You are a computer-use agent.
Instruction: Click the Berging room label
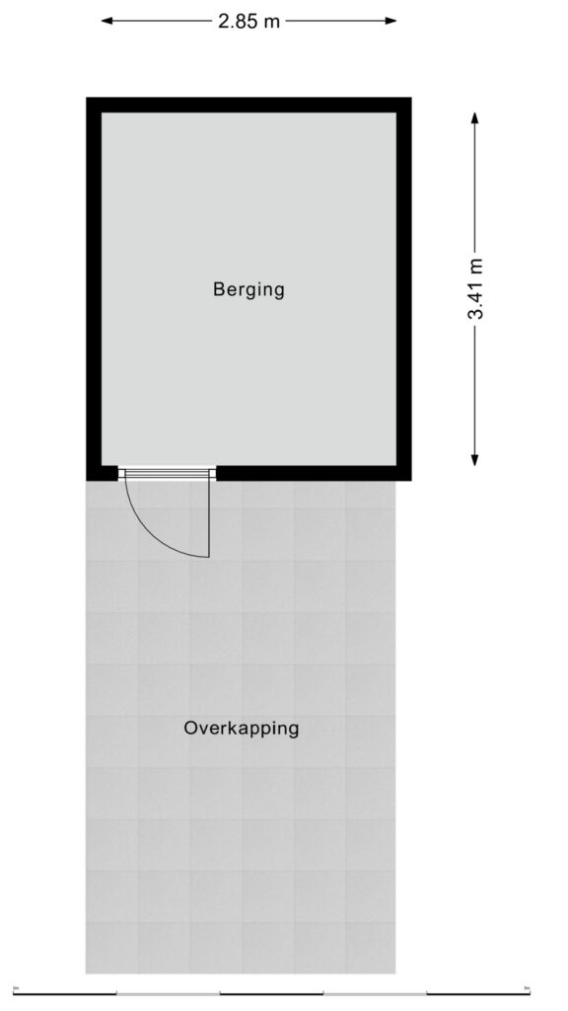click(x=248, y=289)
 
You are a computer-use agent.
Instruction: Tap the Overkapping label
click(x=242, y=729)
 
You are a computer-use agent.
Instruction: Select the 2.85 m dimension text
click(x=248, y=22)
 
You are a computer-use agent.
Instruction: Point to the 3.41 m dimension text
click(x=475, y=288)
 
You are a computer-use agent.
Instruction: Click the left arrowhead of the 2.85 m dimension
click(x=107, y=21)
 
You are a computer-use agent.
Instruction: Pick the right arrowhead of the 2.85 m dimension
click(x=390, y=21)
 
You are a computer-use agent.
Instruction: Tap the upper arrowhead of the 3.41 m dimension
click(x=474, y=118)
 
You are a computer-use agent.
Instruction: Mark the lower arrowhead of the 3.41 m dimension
click(x=474, y=459)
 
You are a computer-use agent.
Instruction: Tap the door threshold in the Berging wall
click(x=167, y=474)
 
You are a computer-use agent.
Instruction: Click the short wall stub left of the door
click(x=103, y=473)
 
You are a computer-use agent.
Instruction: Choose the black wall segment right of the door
click(x=314, y=473)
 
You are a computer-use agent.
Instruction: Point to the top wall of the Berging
click(x=248, y=105)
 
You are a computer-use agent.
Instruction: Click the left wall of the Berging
click(x=94, y=289)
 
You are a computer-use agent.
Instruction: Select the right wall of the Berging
click(x=403, y=289)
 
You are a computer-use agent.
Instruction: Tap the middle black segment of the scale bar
click(x=271, y=993)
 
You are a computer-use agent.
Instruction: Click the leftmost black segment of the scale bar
click(x=64, y=993)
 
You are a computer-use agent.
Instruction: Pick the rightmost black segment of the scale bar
click(x=478, y=993)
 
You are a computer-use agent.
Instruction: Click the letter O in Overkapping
click(x=191, y=728)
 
